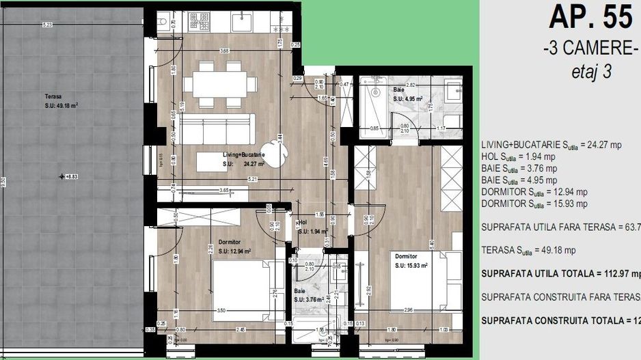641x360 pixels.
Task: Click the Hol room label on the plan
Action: pyautogui.click(x=303, y=223)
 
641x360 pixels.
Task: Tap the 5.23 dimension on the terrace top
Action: pyautogui.click(x=47, y=25)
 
